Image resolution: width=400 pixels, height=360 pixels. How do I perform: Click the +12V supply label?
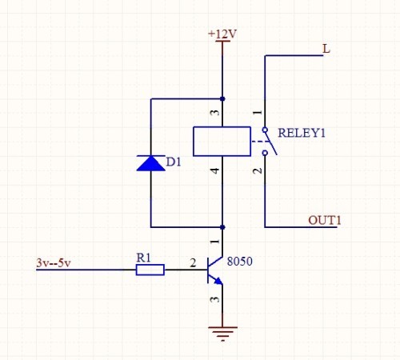(x=222, y=34)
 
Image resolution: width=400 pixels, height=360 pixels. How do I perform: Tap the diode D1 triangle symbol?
(x=150, y=163)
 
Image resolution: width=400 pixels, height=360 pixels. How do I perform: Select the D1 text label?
(x=174, y=162)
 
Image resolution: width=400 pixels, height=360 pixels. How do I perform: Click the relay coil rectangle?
(x=222, y=142)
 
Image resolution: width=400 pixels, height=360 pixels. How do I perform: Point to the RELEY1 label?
(x=302, y=133)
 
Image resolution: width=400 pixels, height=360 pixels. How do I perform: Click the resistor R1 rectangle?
(x=150, y=270)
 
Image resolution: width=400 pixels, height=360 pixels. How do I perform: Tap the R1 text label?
(x=143, y=258)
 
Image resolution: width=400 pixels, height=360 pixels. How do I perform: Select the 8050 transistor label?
(x=239, y=262)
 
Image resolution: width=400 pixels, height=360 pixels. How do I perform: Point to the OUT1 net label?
(x=325, y=221)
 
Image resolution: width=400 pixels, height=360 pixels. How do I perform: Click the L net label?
(x=326, y=49)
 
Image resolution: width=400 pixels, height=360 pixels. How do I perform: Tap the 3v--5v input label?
(x=54, y=263)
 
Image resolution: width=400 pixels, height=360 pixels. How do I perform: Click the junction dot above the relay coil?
(x=222, y=99)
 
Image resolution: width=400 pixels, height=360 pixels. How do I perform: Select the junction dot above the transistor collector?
(x=222, y=227)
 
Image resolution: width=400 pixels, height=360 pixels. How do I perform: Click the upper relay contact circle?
(x=265, y=130)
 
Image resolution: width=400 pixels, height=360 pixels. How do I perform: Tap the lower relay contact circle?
(x=265, y=153)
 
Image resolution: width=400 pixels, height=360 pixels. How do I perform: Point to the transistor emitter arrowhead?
(x=218, y=281)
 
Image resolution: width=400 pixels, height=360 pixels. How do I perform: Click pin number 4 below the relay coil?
(x=215, y=170)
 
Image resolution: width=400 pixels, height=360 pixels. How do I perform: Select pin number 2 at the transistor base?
(x=193, y=263)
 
